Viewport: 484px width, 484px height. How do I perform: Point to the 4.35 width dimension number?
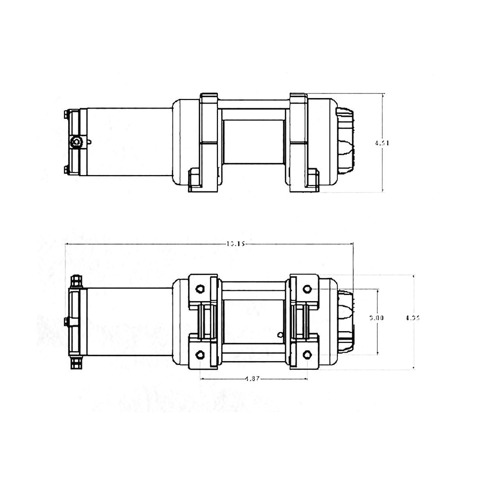click(x=412, y=318)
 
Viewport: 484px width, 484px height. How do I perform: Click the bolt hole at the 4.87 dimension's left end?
click(x=200, y=354)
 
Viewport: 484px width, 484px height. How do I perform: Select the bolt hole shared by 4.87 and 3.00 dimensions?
click(x=307, y=354)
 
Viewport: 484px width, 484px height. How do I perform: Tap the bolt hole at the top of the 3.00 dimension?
click(x=307, y=289)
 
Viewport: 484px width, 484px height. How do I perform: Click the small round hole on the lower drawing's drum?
click(x=280, y=334)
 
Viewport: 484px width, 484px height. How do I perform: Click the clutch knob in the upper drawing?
click(x=345, y=143)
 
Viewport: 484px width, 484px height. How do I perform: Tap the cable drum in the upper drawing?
click(x=253, y=148)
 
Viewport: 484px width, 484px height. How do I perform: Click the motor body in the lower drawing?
click(x=128, y=322)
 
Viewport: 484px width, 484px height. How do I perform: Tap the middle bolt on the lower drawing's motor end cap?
click(x=67, y=322)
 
